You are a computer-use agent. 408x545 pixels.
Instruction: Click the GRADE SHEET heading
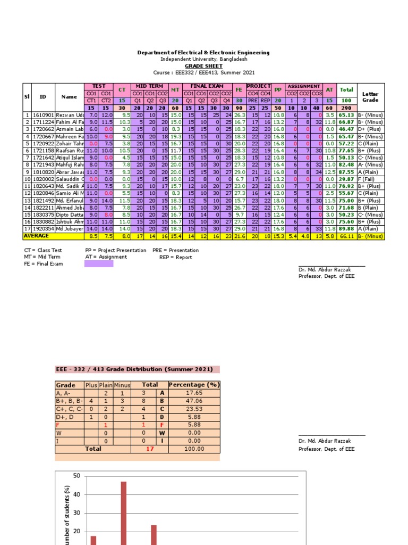click(x=203, y=66)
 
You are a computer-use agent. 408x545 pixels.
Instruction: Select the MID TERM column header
click(x=149, y=86)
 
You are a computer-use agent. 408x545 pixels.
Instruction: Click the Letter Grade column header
click(x=370, y=97)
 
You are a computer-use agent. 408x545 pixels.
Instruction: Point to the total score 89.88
click(x=346, y=228)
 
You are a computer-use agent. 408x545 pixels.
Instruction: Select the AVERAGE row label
click(x=36, y=235)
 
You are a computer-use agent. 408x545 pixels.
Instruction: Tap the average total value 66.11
click(x=346, y=235)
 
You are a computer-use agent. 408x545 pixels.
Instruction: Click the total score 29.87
click(x=346, y=179)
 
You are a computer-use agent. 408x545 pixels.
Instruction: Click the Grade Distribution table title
click(x=137, y=369)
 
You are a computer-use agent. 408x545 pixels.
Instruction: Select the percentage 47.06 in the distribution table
click(x=193, y=401)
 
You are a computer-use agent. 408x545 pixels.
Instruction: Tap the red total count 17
click(x=150, y=449)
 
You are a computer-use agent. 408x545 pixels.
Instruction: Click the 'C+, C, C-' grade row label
click(x=69, y=409)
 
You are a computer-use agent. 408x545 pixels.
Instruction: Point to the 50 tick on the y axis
click(x=76, y=476)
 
